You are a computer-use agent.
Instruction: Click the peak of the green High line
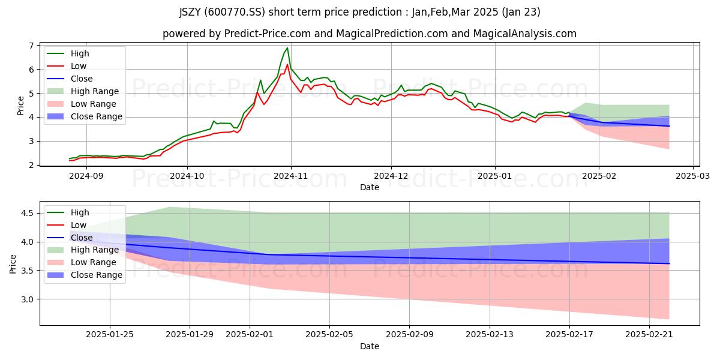(287, 48)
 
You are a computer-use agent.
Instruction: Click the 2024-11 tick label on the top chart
(291, 176)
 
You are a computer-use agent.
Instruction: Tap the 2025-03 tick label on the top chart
(692, 176)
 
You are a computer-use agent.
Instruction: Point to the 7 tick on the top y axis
(31, 46)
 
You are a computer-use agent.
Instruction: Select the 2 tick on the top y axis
(31, 165)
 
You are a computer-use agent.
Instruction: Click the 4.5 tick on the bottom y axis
(28, 213)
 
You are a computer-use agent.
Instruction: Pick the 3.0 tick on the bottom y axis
(28, 299)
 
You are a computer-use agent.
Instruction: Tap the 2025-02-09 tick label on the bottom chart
(409, 335)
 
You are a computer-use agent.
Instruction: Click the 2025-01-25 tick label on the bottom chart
(110, 335)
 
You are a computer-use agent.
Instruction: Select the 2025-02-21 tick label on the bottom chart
(649, 335)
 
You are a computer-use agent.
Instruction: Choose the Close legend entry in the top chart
(70, 79)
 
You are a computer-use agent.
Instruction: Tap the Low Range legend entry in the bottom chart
(82, 262)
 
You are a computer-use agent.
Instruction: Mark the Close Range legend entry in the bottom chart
(85, 275)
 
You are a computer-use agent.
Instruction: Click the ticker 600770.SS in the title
(234, 12)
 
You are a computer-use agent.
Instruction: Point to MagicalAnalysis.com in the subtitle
(524, 34)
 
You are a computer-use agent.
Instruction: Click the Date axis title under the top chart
(370, 187)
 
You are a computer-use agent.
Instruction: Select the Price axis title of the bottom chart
(13, 264)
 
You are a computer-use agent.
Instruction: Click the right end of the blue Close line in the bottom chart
(669, 263)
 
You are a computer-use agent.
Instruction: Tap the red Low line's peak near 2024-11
(287, 64)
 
